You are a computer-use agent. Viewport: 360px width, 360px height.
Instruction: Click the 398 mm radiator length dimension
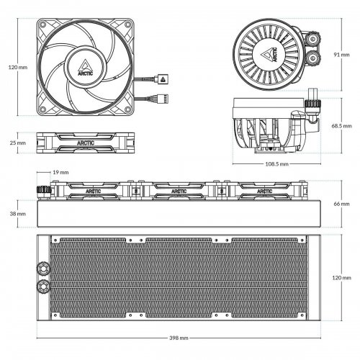click(x=179, y=338)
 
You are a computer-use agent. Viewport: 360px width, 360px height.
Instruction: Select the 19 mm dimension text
click(x=60, y=173)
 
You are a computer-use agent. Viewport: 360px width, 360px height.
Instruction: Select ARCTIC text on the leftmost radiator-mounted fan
click(x=94, y=192)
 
